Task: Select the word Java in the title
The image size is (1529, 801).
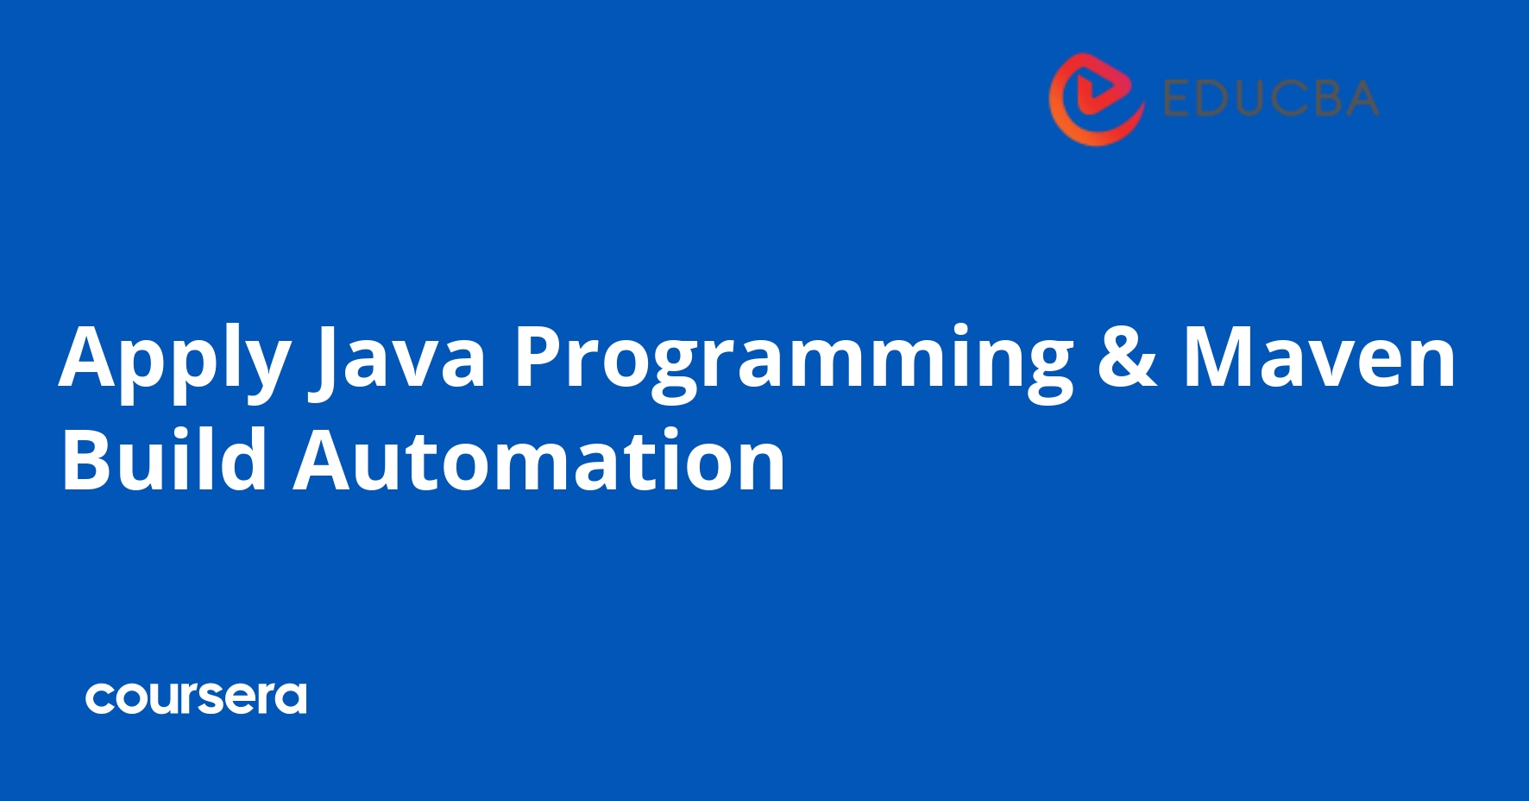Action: coord(398,358)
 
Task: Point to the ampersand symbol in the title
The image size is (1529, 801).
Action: coord(1127,356)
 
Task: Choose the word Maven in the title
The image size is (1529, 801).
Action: coord(1319,356)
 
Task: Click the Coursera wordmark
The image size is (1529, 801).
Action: coord(196,698)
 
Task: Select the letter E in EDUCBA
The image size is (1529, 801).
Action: coord(1179,98)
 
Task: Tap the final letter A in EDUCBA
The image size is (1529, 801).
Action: coord(1362,98)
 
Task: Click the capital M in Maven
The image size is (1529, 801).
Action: coord(1216,356)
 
